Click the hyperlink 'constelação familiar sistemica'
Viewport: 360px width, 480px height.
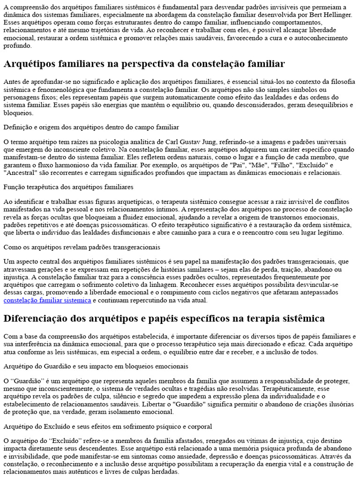coord(47,300)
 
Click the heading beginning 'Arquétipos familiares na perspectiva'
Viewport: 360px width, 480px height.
coord(144,63)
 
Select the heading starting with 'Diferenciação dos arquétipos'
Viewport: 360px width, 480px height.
coord(164,319)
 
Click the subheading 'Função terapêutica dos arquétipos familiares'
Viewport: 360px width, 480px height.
coord(68,187)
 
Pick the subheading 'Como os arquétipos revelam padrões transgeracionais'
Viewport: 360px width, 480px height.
coord(82,247)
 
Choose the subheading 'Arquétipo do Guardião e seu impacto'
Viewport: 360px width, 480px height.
coord(96,366)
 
